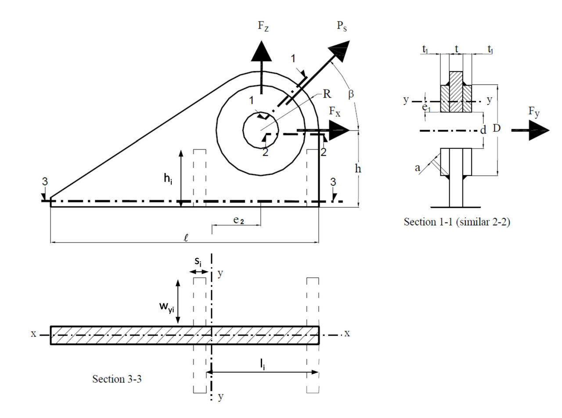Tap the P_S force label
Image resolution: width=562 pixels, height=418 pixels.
pos(343,26)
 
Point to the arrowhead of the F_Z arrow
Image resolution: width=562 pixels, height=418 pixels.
pos(262,50)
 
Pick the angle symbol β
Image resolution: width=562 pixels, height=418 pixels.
pos(350,94)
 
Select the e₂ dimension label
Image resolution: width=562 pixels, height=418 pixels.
pos(239,221)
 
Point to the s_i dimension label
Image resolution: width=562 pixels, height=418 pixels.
pos(198,263)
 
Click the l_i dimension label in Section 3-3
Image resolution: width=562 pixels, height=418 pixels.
pos(262,364)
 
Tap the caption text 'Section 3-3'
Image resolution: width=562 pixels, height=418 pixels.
pos(117,378)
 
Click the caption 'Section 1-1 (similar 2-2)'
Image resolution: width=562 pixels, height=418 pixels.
pos(457,222)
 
